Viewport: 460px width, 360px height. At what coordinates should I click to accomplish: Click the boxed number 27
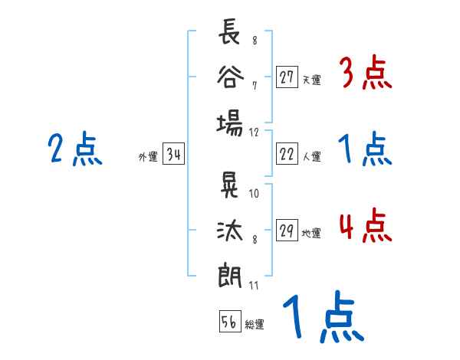coord(287,77)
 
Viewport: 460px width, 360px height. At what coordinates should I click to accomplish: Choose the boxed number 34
coord(173,155)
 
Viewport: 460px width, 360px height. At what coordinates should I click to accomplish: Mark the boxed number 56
coord(229,322)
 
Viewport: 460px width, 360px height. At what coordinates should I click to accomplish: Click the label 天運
coord(311,80)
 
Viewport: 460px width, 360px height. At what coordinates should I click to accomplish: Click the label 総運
coord(255,325)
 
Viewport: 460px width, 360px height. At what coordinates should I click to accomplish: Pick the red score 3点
coord(364,74)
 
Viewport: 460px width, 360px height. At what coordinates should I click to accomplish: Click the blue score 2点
coord(74,149)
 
